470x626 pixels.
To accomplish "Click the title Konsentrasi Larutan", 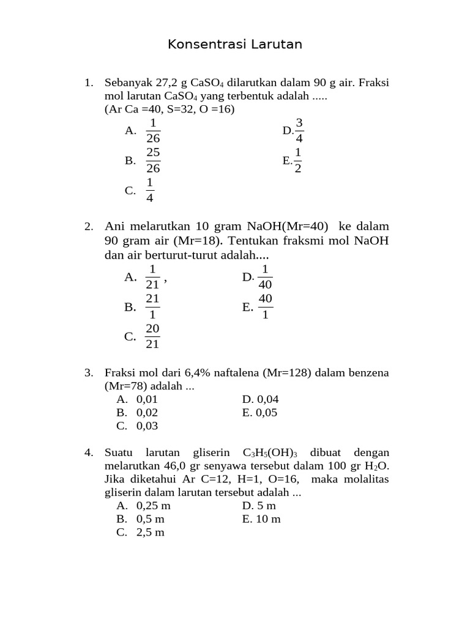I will pyautogui.click(x=235, y=45).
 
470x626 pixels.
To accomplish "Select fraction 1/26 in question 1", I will pyautogui.click(x=153, y=130).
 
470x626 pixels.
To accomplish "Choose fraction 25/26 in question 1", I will pyautogui.click(x=153, y=160).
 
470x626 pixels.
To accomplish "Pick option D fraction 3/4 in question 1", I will pyautogui.click(x=299, y=130).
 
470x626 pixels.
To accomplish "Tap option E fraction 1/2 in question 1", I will pyautogui.click(x=298, y=160).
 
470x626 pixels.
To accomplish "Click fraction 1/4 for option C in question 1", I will pyautogui.click(x=150, y=190).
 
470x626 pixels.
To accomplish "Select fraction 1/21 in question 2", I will pyautogui.click(x=152, y=277).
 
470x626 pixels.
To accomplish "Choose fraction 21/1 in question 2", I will pyautogui.click(x=152, y=307).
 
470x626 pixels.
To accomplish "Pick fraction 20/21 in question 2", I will pyautogui.click(x=152, y=336).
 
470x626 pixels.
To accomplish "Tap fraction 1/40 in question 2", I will pyautogui.click(x=265, y=277).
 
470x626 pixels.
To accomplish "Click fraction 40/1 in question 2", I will pyautogui.click(x=265, y=307).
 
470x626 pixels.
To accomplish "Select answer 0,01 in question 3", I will pyautogui.click(x=147, y=399).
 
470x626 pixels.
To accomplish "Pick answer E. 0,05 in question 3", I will pyautogui.click(x=260, y=413).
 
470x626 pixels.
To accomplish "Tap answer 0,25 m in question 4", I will pyautogui.click(x=154, y=506).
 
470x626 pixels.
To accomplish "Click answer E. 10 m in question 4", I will pyautogui.click(x=261, y=519).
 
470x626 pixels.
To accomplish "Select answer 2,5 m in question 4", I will pyautogui.click(x=151, y=532).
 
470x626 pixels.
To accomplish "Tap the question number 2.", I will pyautogui.click(x=89, y=227).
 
